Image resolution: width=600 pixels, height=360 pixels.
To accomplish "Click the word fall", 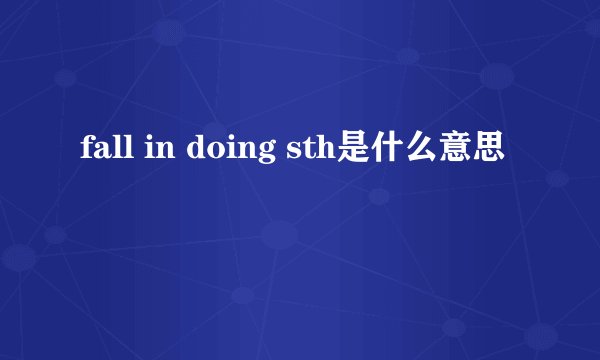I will click(97, 151).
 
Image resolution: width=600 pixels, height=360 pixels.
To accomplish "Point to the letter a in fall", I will click(95, 153).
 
